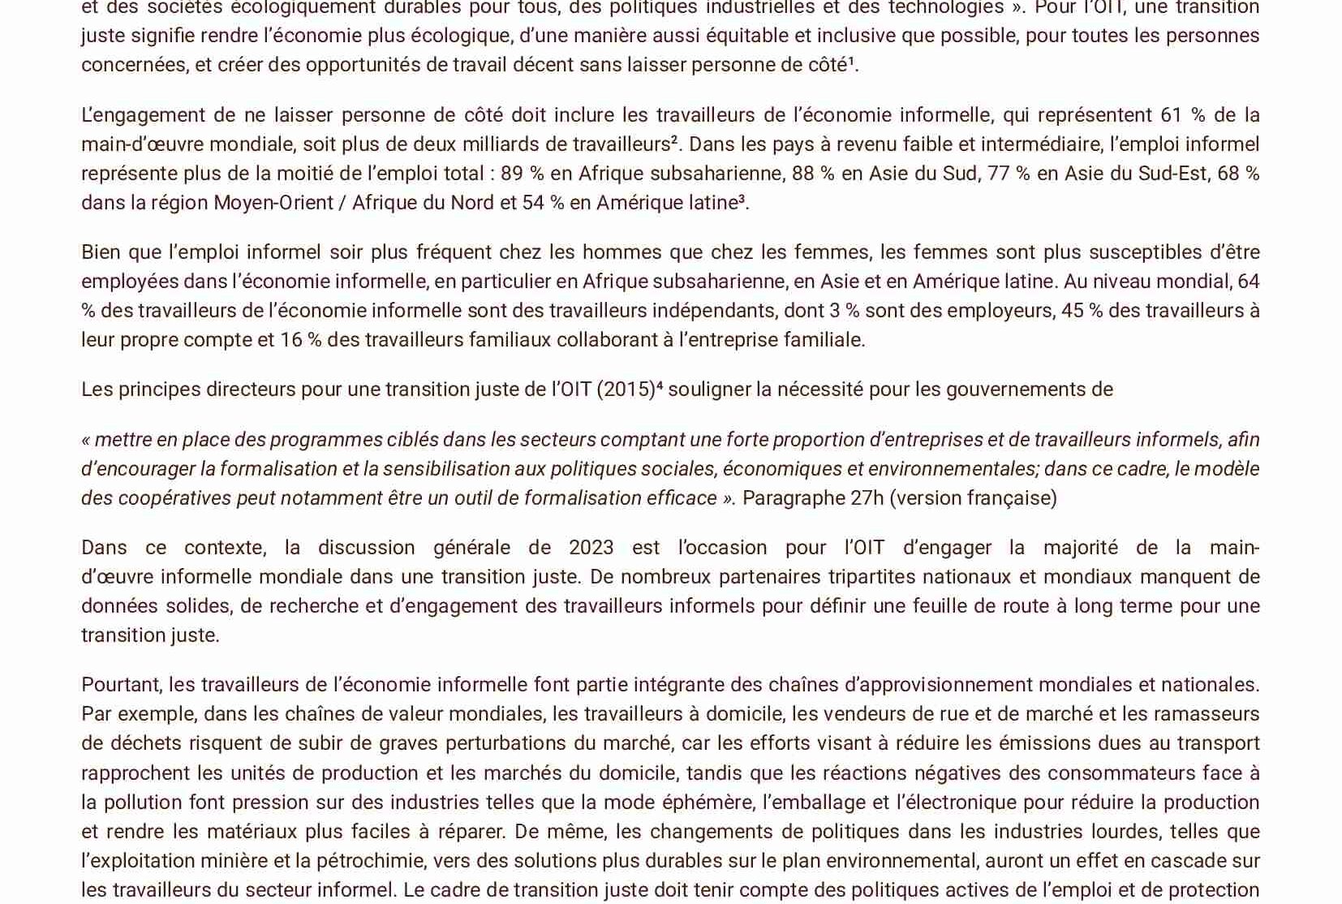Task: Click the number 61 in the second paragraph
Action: coord(1172,115)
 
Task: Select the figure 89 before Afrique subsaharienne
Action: coord(512,174)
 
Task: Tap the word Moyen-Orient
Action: coord(273,203)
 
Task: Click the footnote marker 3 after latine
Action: coord(741,198)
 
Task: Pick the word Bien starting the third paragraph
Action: coord(101,252)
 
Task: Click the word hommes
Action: coord(622,252)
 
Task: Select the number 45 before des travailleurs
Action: coord(1073,311)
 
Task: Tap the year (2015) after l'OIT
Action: coord(626,390)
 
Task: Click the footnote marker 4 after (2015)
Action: coord(659,385)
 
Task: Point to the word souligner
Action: coord(708,390)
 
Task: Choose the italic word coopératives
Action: coord(174,498)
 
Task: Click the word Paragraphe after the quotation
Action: coord(793,498)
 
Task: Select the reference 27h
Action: coord(867,498)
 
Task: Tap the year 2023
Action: coord(591,548)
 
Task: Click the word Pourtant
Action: coord(121,685)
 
